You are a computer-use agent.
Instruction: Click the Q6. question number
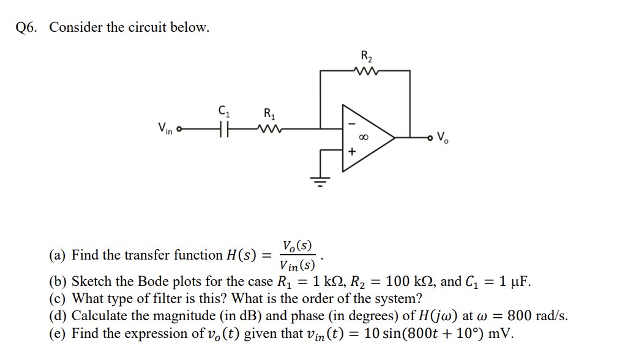tap(27, 28)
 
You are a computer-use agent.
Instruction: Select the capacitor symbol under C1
tap(223, 129)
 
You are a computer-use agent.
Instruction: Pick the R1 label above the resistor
tap(269, 113)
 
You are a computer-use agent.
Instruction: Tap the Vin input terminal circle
tap(179, 129)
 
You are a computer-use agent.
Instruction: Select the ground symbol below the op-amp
tap(320, 179)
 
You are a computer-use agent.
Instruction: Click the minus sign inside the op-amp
tap(352, 123)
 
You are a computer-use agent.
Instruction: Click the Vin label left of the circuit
tap(164, 129)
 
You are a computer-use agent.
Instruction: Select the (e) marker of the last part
tap(58, 334)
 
